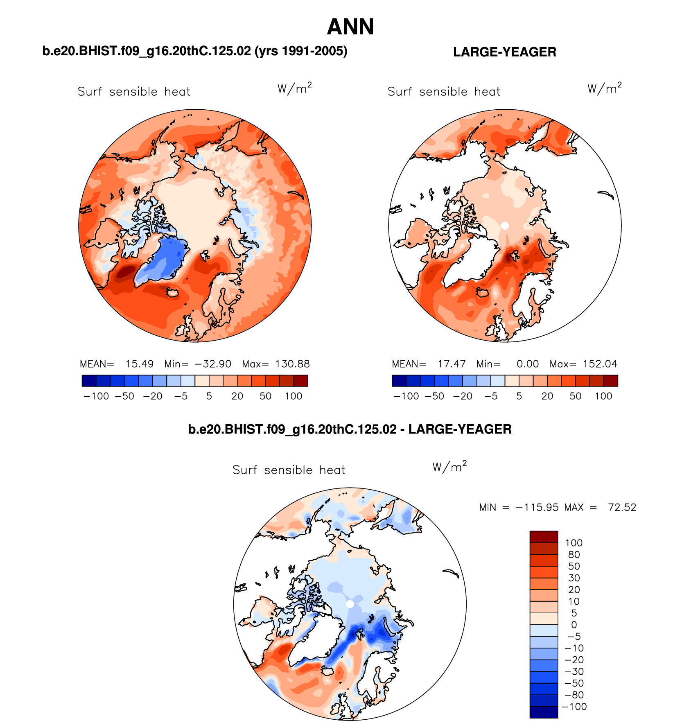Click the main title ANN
tap(350, 27)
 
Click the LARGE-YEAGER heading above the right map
tap(504, 52)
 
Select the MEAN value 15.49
tap(140, 364)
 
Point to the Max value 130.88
tap(292, 364)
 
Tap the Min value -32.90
tap(213, 364)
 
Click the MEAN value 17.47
tap(452, 364)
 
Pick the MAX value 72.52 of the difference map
tap(622, 508)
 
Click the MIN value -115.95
tap(537, 508)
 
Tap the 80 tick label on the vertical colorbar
tap(574, 555)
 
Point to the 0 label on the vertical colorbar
tap(574, 625)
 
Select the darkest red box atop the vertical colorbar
tap(544, 537)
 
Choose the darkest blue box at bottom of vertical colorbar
tap(544, 712)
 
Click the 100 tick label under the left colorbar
tap(294, 396)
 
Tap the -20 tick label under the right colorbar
tap(463, 396)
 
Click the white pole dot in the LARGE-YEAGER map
tap(505, 226)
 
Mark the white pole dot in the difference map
tap(350, 604)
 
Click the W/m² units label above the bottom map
tap(449, 467)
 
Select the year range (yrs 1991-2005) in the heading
tap(301, 51)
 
